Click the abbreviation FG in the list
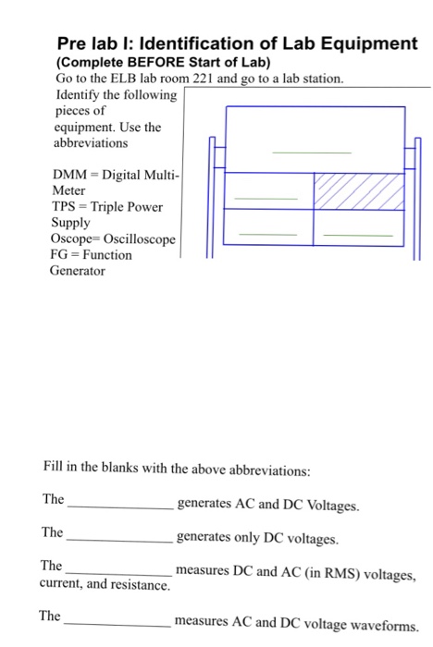[61, 254]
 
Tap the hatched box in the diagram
[360, 190]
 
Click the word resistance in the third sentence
[142, 586]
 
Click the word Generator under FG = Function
[78, 271]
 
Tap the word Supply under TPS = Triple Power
[70, 223]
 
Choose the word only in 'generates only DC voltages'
[242, 538]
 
